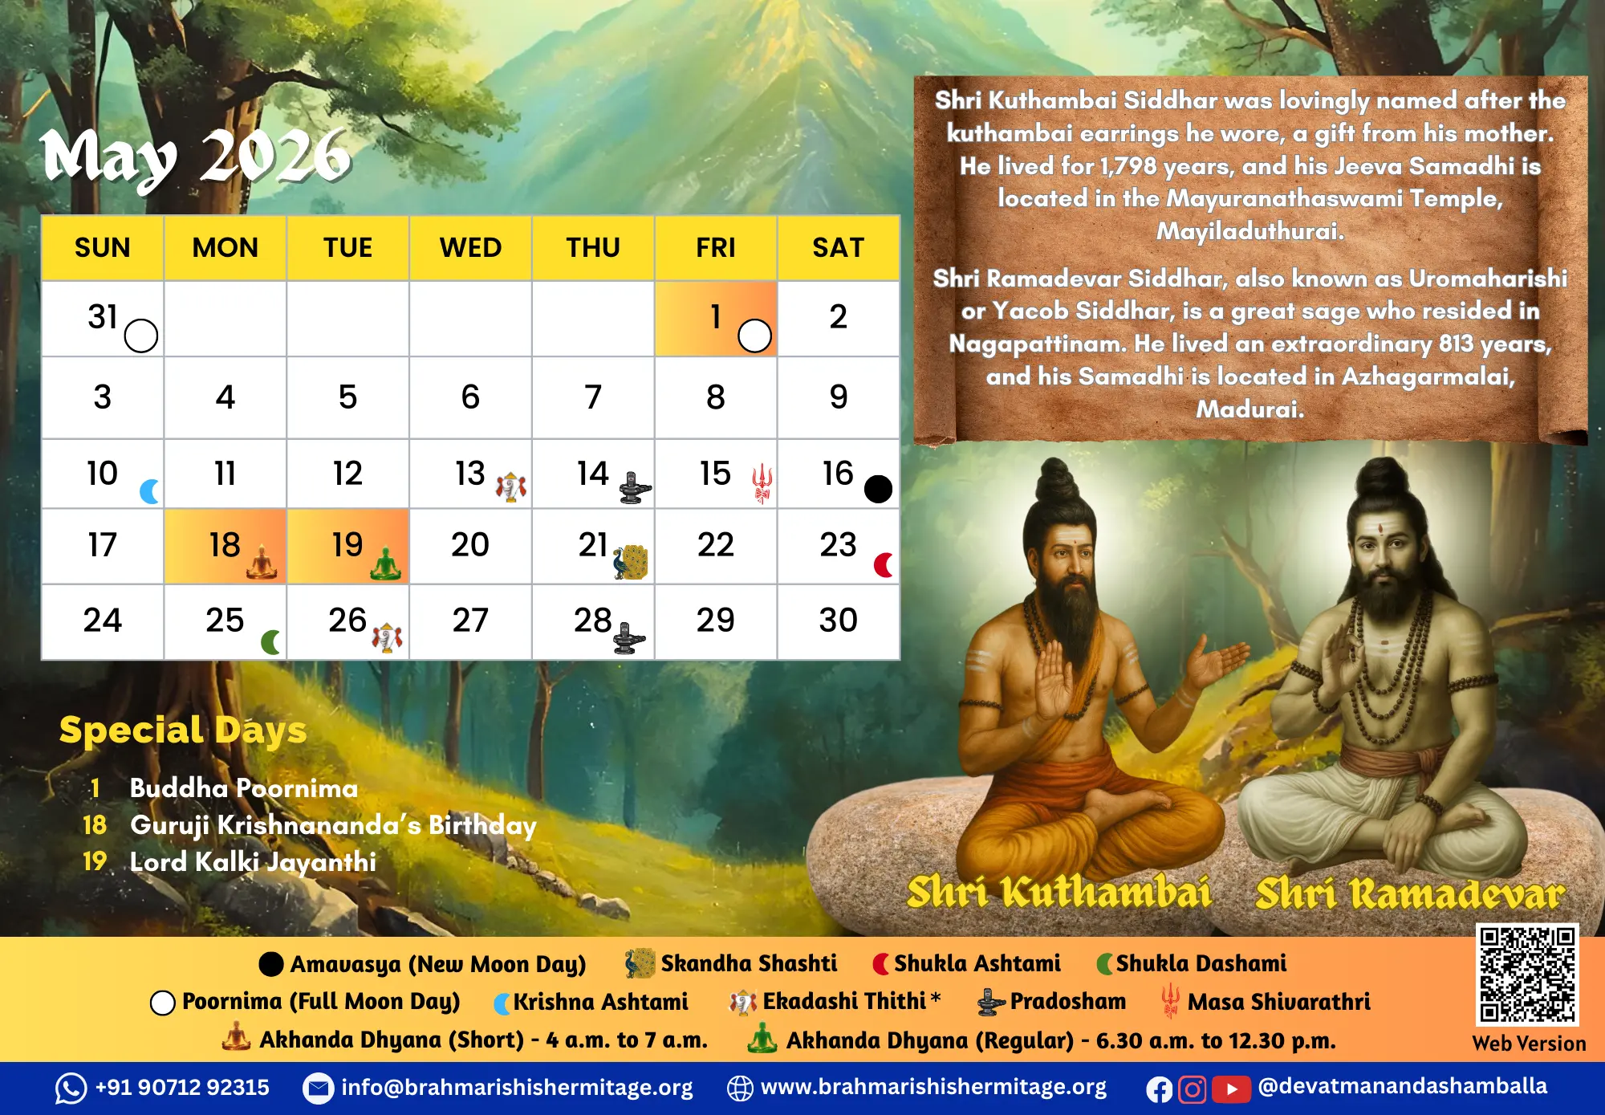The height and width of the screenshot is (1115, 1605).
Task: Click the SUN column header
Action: [102, 247]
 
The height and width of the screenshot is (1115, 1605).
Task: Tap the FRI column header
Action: [715, 247]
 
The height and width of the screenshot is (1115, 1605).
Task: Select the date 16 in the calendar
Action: [837, 473]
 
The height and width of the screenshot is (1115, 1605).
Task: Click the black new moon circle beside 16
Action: [878, 489]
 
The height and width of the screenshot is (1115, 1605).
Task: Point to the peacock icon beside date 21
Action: [631, 562]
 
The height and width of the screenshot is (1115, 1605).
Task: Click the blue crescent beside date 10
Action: [149, 490]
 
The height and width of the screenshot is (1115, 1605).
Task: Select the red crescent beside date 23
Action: [883, 565]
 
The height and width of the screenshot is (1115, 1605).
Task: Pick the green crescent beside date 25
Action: [270, 642]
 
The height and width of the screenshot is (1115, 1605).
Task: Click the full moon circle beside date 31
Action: [141, 336]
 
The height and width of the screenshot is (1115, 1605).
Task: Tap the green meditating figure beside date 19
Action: [385, 564]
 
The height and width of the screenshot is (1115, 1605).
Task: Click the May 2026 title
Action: [196, 157]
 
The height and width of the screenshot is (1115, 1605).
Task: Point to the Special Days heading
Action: [183, 730]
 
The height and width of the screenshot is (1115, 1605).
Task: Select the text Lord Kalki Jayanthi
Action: [253, 862]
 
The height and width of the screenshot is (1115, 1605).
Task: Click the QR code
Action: [1528, 975]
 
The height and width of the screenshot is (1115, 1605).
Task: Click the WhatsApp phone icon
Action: [71, 1089]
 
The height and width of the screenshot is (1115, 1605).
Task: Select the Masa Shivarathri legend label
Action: [1279, 1002]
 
